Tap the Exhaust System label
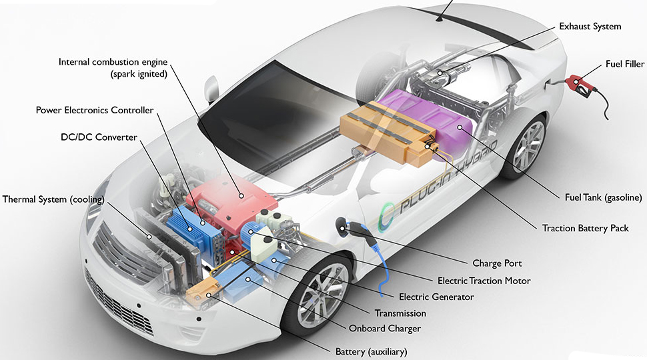click(590, 27)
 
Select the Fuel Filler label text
click(625, 64)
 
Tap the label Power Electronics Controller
click(95, 110)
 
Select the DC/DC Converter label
click(99, 137)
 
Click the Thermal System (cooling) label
click(53, 199)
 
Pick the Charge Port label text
click(497, 263)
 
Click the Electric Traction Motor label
click(484, 281)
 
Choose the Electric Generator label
click(436, 297)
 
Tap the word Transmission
click(400, 313)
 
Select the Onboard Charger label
click(385, 329)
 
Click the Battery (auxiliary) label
click(371, 352)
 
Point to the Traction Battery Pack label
click(585, 229)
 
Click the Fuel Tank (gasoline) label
click(603, 197)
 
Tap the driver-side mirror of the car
click(211, 89)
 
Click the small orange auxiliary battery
click(202, 291)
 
